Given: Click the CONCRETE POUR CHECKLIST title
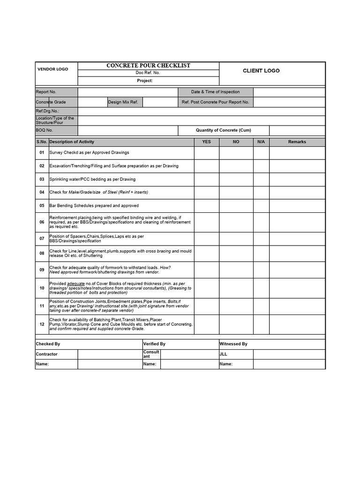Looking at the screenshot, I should pos(148,66).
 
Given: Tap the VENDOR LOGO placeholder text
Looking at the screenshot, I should pos(52,69).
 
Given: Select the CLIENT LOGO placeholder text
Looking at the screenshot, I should pos(261,71).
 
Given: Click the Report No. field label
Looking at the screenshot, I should pos(46,92).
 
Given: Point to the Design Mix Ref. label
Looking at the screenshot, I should pos(123,102).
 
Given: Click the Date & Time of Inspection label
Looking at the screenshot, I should pos(215,92).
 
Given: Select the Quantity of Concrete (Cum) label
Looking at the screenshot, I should pos(223,130).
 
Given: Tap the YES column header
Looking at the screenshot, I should pos(206,142).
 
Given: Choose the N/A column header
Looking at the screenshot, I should pos(261,142).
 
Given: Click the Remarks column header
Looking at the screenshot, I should pos(297,142).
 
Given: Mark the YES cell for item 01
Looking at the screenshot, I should pos(206,153).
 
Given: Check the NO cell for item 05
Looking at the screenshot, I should pos(236,206).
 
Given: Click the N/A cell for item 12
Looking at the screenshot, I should pos(261,324).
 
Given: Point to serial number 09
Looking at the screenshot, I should pos(42,270).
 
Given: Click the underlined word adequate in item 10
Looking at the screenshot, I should pos(76,284).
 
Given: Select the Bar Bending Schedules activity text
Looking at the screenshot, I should pos(94,206).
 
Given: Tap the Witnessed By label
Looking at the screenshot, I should pos(233,344).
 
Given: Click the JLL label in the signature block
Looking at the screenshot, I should pos(223,354).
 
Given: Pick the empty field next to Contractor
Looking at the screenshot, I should pos(110,354).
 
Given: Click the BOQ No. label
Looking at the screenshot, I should pos(45,130).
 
